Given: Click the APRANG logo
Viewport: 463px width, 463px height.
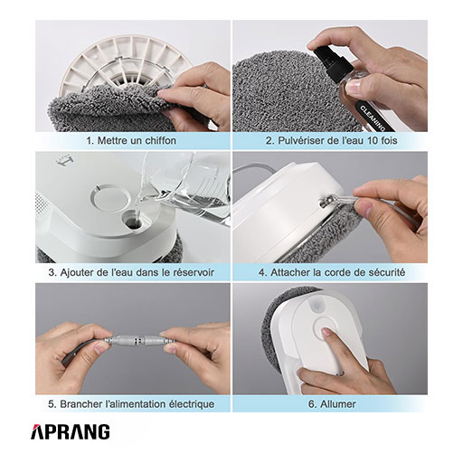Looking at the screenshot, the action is point(71,431).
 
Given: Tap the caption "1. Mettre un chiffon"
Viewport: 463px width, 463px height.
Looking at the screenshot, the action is point(131,140).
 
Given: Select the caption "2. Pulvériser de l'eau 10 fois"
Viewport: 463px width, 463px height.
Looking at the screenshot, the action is point(331,140).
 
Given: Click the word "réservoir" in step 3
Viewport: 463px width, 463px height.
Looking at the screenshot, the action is point(194,272).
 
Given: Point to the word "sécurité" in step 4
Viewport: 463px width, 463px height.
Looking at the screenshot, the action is point(387,272).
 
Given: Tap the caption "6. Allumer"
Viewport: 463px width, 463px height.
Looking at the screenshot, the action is point(332,404).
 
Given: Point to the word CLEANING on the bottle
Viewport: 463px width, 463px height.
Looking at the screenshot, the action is point(373,118).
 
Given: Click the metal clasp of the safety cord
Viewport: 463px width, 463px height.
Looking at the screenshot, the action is point(326,201).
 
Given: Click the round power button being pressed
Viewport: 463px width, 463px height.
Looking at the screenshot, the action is point(326,330).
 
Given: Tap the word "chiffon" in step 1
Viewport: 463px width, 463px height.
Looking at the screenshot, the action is point(161,140).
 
